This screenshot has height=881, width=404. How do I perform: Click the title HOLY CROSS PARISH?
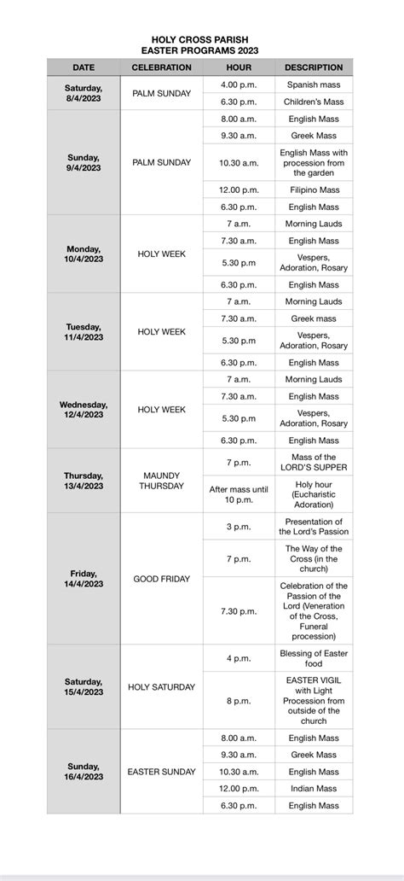click(x=202, y=39)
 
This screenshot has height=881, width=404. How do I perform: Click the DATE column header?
click(x=84, y=67)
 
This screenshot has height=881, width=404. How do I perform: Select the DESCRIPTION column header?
click(x=313, y=67)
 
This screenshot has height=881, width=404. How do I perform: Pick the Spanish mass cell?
click(x=313, y=85)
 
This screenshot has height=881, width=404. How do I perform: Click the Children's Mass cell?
click(x=313, y=102)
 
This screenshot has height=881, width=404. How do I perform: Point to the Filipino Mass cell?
click(x=313, y=190)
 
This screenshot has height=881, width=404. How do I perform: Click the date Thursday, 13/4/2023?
click(x=84, y=481)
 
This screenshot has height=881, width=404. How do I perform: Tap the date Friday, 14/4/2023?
click(x=84, y=579)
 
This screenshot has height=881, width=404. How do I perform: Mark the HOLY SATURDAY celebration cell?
click(x=161, y=687)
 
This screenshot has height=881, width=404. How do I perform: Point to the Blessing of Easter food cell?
click(x=313, y=658)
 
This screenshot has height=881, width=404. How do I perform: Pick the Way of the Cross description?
click(x=313, y=559)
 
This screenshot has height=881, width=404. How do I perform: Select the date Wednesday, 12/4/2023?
click(x=84, y=410)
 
